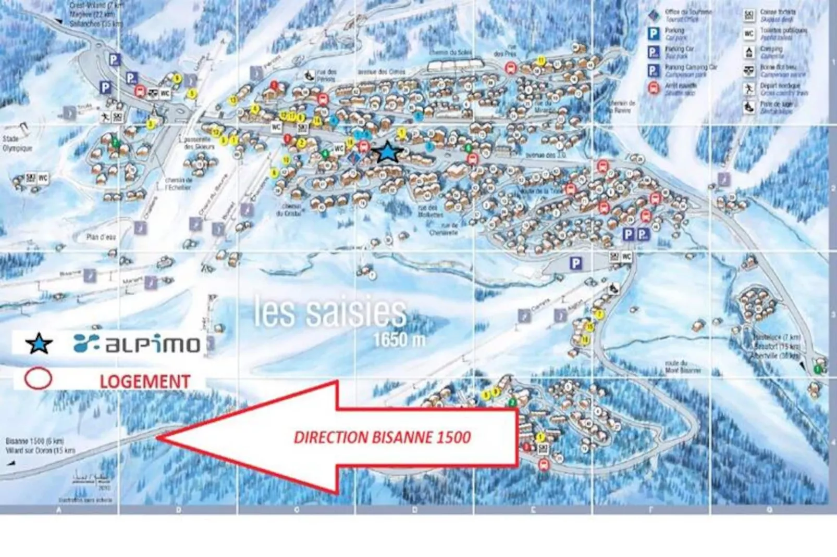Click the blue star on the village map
tap(388, 152)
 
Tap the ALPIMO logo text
tap(138, 344)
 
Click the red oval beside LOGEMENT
tap(38, 379)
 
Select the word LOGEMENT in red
tap(145, 382)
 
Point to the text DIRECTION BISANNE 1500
tap(382, 437)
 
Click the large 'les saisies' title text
tap(330, 312)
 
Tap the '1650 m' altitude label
tap(399, 340)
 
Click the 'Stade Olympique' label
tap(17, 144)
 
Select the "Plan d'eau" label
tap(101, 237)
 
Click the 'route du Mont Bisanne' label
tap(683, 366)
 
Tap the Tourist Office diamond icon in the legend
tap(654, 15)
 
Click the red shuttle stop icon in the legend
tap(654, 88)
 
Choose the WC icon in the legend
tap(749, 34)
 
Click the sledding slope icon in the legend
tap(749, 107)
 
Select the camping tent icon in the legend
tap(749, 52)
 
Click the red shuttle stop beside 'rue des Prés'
tap(511, 68)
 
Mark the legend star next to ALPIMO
tap(39, 344)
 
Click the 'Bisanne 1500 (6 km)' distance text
tap(34, 441)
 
